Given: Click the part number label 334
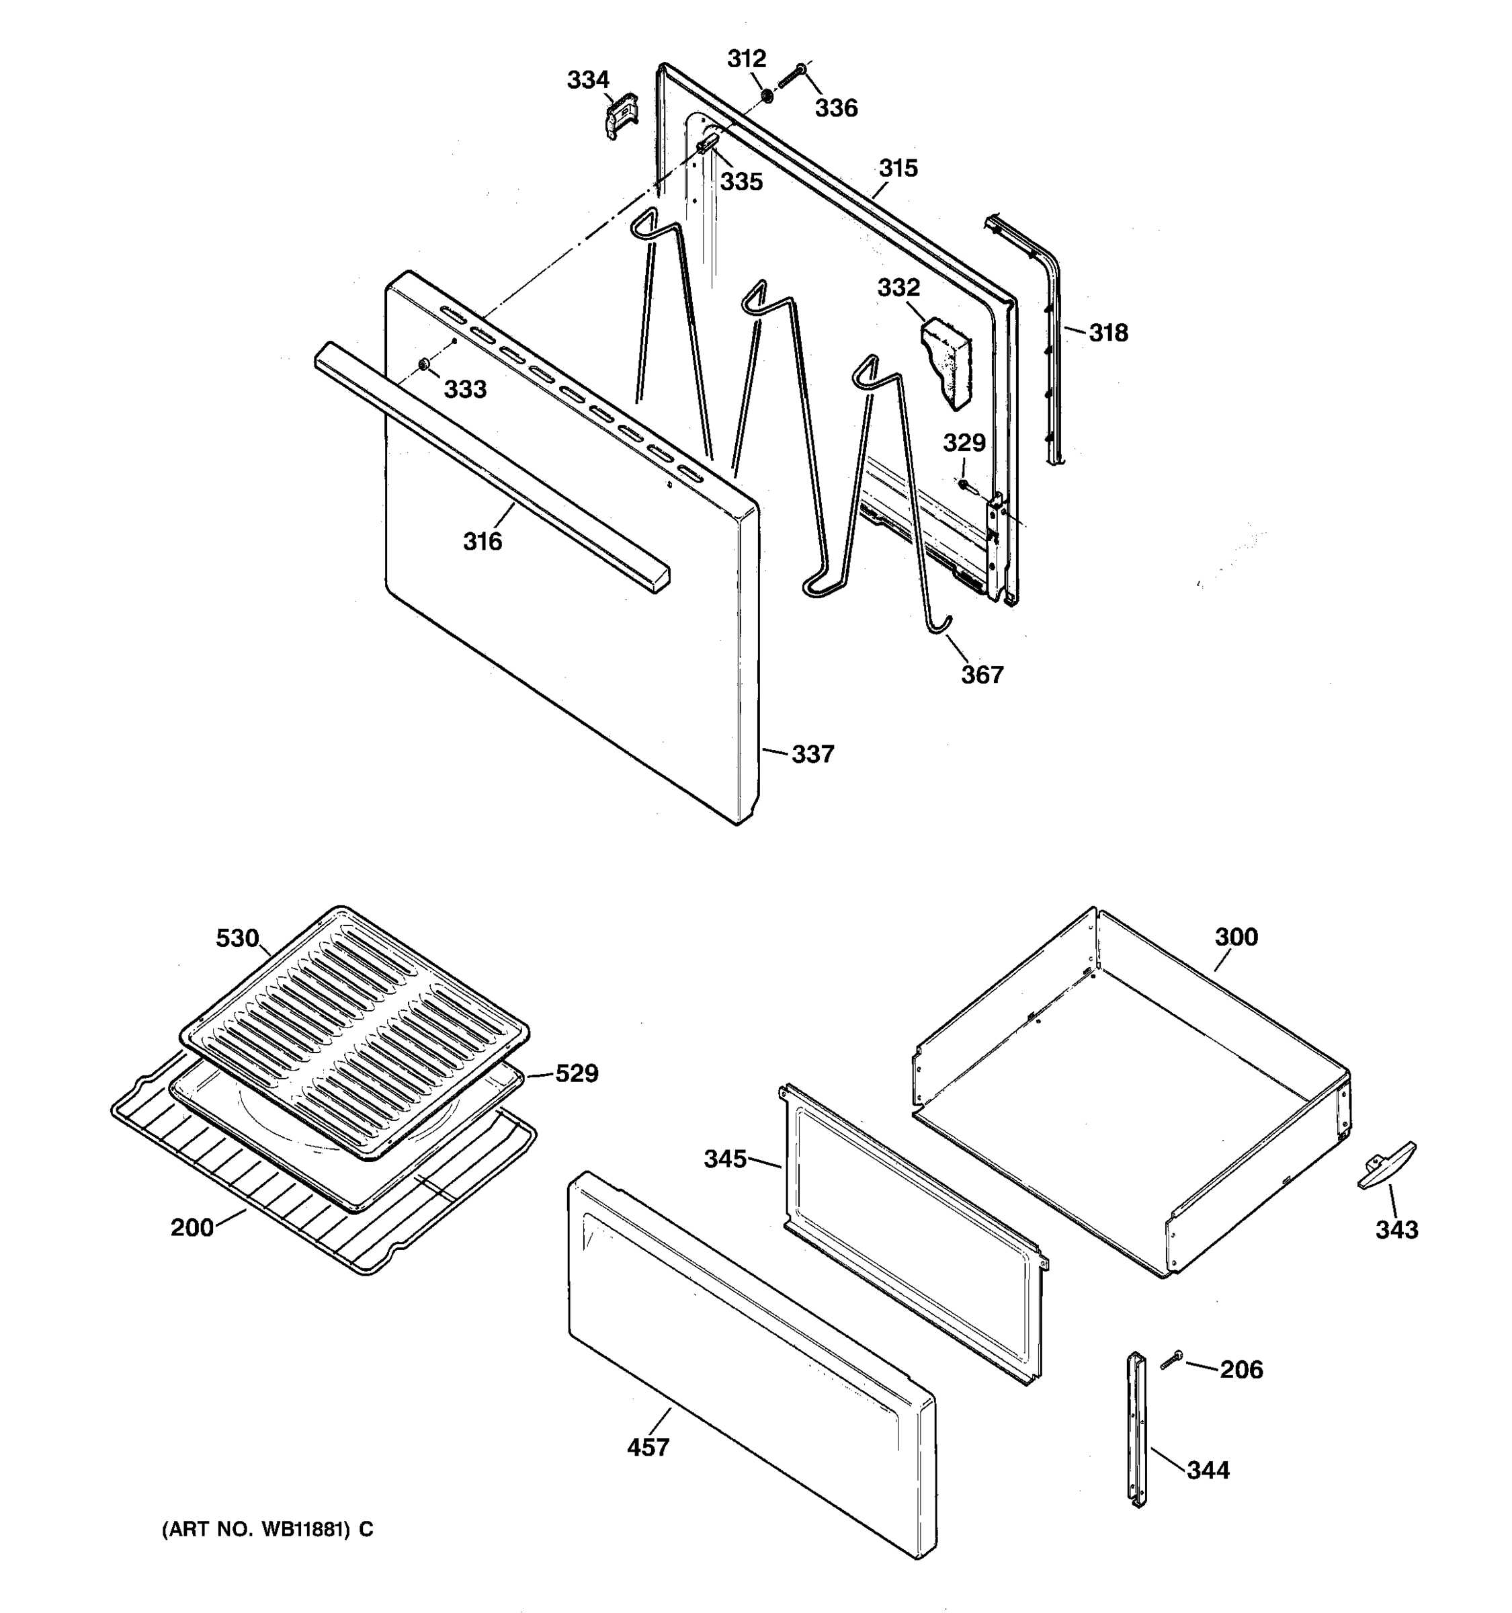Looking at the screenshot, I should coord(587,79).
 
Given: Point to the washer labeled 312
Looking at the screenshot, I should coord(765,98).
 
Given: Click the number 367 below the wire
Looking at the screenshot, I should coord(982,674).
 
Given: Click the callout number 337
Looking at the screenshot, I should coord(812,754).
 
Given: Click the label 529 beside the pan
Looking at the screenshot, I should coord(576,1073).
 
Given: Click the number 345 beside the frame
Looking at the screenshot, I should coord(724,1159).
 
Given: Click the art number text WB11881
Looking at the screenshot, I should coord(267,1530).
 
